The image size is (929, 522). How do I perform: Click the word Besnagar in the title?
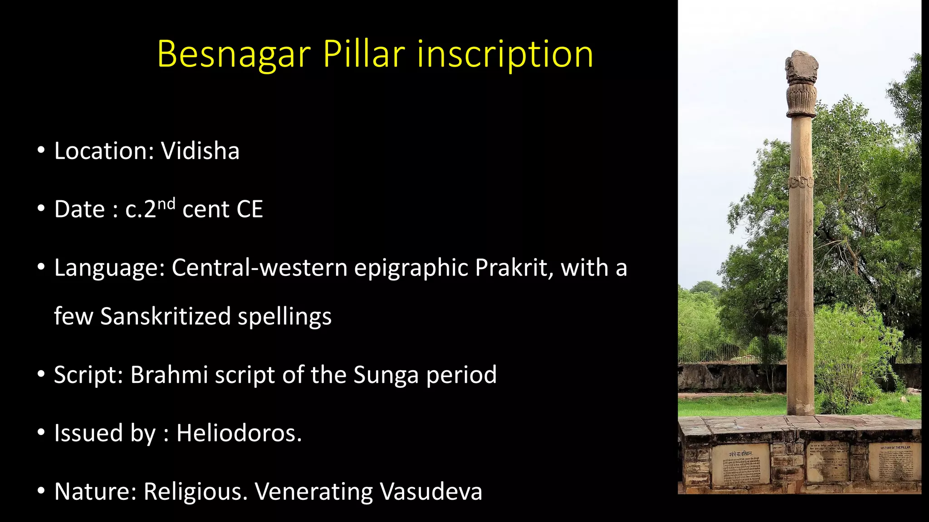tap(234, 54)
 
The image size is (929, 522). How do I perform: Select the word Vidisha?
tap(200, 151)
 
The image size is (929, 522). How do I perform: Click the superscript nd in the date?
tap(166, 203)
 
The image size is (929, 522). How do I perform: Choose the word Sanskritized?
tap(165, 316)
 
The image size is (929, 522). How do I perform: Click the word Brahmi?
tap(169, 375)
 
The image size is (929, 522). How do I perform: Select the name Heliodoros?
tap(239, 433)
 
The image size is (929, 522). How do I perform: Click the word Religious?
tap(196, 491)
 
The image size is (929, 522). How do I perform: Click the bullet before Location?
tap(41, 150)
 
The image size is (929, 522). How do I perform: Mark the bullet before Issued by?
tap(41, 433)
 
